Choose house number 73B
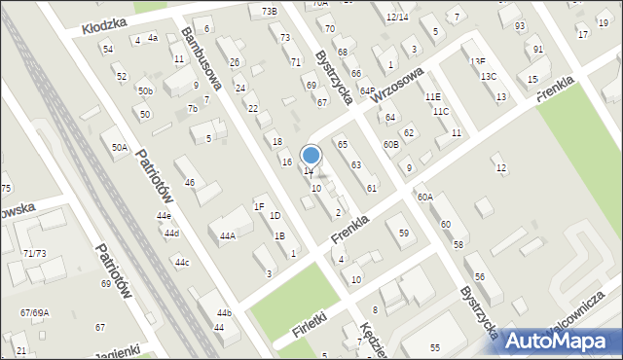click(269, 11)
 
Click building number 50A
click(119, 147)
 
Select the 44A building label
click(228, 235)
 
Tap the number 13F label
click(477, 61)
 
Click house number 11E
click(432, 96)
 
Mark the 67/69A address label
click(34, 312)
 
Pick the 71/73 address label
click(34, 253)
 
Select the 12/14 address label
click(396, 17)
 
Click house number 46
click(190, 182)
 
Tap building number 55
click(435, 347)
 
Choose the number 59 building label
click(403, 233)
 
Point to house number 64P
click(367, 90)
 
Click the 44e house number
click(165, 215)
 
